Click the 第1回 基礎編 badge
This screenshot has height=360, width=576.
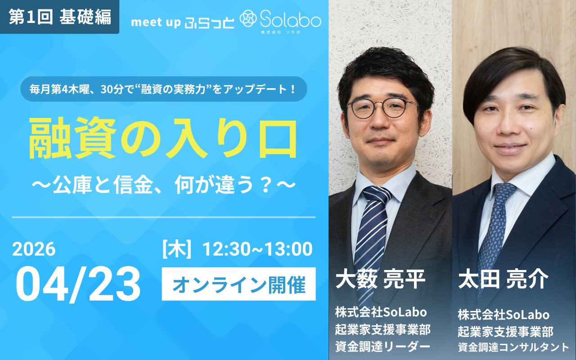coord(59,17)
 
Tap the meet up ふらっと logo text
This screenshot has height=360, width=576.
coord(182,22)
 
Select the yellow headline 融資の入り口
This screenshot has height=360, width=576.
coord(162,139)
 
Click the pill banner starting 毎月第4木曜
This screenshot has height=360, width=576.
coord(163,89)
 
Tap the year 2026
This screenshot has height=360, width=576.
coord(34,249)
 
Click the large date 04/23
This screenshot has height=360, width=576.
coord(78,285)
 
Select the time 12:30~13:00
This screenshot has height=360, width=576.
coord(257,249)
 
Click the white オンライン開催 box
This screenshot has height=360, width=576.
coord(238,284)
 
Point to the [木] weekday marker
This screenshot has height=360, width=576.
coord(177,249)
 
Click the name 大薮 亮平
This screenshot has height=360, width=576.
coord(380,279)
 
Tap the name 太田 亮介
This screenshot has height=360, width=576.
coord(503,279)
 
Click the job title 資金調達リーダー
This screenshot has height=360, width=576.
coord(382,346)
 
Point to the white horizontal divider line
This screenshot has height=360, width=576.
coord(163,217)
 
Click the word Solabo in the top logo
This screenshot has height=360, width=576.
coord(292,19)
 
